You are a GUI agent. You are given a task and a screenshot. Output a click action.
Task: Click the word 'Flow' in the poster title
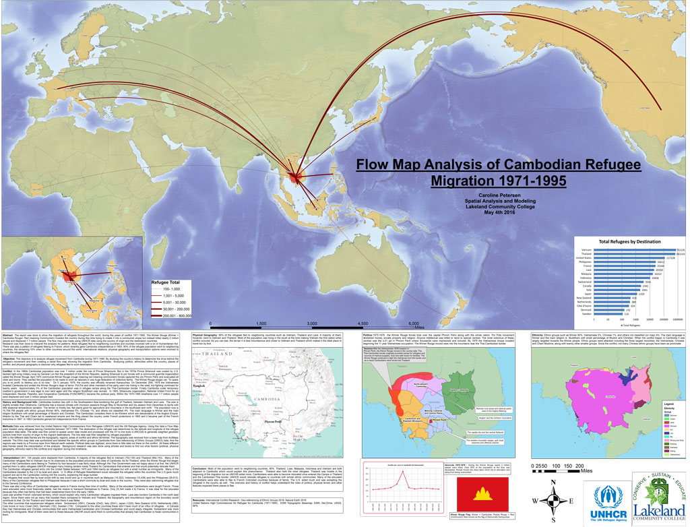(378, 165)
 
